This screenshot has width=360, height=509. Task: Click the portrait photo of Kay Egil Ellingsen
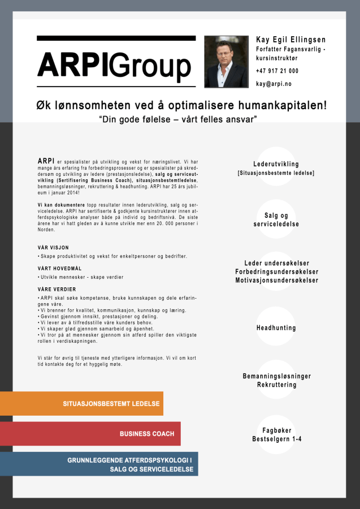[226, 62]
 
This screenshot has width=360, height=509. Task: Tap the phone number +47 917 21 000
[277, 71]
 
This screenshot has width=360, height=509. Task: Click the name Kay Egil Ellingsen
[290, 40]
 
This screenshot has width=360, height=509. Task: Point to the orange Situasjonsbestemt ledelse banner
[81, 404]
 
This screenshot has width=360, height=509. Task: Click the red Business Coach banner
[90, 434]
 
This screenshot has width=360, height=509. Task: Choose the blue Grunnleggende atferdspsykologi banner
[99, 464]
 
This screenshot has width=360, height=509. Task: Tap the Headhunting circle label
[276, 328]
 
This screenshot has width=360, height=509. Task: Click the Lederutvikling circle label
[276, 164]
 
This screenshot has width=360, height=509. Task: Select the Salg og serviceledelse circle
[276, 219]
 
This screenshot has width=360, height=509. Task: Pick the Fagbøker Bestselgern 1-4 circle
[276, 435]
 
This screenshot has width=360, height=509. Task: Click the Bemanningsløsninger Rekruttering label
[276, 380]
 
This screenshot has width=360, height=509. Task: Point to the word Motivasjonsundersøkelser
[276, 281]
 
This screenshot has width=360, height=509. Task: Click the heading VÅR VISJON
[53, 248]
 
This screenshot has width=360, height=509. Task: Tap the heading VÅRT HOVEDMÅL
[60, 268]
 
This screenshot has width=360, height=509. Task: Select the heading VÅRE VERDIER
[57, 289]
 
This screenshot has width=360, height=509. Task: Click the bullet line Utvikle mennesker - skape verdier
[81, 277]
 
